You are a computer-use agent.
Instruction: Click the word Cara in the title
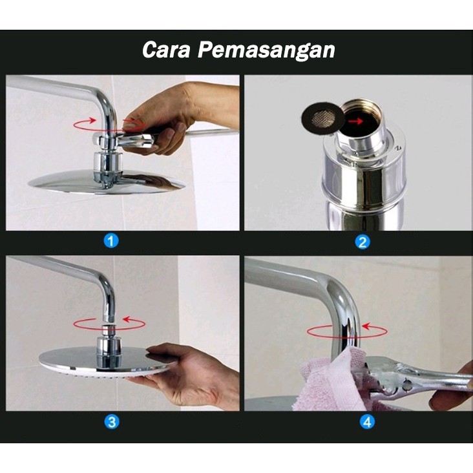tap(166, 50)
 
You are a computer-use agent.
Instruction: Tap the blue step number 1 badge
tap(110, 241)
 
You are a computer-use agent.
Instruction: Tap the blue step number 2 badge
tap(363, 242)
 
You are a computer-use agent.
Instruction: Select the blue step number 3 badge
tap(112, 421)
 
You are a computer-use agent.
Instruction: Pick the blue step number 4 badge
tap(367, 422)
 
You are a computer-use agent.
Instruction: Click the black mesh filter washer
tap(323, 117)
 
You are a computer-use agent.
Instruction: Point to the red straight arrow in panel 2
tap(355, 121)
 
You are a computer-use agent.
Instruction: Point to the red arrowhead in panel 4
tap(366, 326)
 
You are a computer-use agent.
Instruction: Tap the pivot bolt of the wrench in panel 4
tap(406, 384)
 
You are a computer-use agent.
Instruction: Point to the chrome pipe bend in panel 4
tap(341, 289)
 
